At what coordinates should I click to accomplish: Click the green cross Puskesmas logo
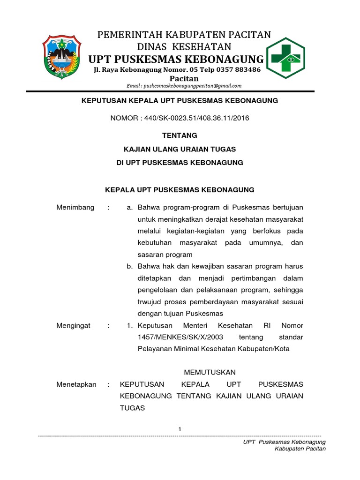[285, 58]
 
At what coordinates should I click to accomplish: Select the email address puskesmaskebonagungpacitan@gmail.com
[184, 86]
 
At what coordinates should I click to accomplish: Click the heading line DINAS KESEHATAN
[184, 46]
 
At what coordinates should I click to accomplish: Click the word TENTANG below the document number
[180, 135]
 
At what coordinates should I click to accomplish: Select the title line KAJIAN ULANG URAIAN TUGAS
[180, 149]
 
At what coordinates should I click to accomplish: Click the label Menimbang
[75, 207]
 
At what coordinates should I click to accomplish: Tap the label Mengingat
[74, 325]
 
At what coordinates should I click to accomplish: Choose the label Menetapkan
[76, 384]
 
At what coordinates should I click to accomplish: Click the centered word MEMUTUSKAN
[210, 372]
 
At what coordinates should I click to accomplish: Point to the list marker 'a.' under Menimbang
[130, 207]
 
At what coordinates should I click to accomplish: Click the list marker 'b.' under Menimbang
[130, 266]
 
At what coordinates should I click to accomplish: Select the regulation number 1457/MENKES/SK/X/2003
[180, 337]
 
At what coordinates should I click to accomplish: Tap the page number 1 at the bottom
[180, 429]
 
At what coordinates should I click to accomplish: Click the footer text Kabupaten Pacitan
[300, 449]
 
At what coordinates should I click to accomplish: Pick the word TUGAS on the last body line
[133, 408]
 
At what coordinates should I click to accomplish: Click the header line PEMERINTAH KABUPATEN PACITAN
[184, 35]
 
